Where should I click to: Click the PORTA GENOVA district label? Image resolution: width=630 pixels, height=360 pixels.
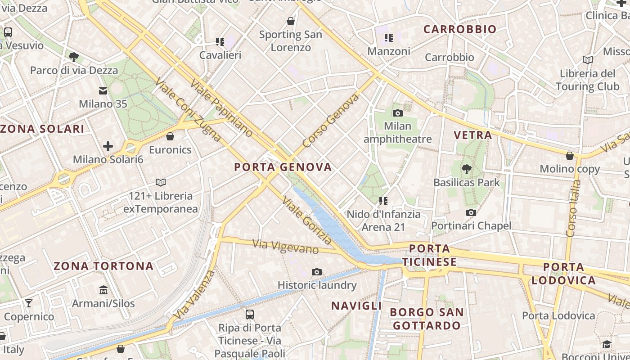[283, 167]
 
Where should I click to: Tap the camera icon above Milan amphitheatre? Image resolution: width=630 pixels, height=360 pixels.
[397, 113]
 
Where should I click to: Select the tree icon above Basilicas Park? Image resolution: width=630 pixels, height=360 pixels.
[467, 169]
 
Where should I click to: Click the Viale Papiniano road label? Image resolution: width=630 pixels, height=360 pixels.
[221, 108]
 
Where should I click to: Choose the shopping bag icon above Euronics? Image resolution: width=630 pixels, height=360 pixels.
[170, 136]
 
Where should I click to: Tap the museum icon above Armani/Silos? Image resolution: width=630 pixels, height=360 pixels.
[103, 290]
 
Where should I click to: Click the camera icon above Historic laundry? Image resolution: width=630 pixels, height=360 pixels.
[317, 272]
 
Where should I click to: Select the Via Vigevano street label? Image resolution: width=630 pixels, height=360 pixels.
[286, 247]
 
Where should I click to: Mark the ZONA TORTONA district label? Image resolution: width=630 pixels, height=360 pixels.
[103, 266]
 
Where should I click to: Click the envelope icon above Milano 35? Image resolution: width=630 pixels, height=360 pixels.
[103, 91]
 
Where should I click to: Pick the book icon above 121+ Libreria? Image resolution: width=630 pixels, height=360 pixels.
[161, 182]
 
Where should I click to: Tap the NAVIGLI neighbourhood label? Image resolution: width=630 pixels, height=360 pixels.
[356, 306]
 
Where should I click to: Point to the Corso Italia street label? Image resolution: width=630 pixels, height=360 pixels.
[573, 208]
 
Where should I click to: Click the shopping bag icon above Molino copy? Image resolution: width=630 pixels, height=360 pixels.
[570, 156]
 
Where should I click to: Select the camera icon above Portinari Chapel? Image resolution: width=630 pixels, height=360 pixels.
[471, 212]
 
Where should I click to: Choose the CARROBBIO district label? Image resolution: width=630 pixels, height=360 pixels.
[460, 30]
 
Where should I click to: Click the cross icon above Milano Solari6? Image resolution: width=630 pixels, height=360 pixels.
[108, 146]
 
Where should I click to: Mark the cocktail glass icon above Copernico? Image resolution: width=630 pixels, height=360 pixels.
[29, 303]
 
